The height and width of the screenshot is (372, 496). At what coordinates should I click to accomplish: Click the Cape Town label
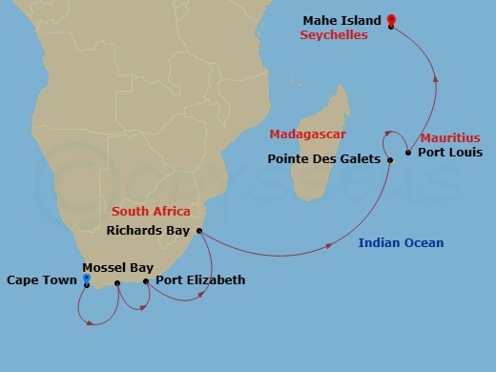pos(41,279)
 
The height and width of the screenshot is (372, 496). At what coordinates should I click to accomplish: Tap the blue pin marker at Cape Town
pos(87,279)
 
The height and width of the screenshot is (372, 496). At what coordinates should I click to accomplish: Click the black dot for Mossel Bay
pos(117,283)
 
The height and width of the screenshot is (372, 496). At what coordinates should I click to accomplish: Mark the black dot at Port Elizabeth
pos(146,281)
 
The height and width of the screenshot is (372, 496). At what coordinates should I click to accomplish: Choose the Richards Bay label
pos(149,230)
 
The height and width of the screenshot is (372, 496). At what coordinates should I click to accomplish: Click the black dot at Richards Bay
pos(199,230)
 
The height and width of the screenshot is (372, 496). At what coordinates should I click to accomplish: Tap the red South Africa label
pos(151,211)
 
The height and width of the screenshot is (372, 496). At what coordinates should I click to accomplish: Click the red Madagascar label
pos(307,134)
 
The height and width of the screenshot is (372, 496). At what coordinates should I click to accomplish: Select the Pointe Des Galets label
pos(324,159)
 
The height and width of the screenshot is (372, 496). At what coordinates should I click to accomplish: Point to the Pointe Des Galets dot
pos(390,160)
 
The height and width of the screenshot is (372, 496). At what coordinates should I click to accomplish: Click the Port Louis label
pos(450,153)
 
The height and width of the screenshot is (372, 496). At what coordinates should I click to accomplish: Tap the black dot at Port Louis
pos(408,153)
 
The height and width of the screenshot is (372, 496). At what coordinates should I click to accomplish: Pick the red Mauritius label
pos(450,137)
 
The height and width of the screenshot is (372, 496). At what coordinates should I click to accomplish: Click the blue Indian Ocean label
pos(401,243)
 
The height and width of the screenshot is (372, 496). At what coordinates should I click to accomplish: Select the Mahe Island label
pos(342,20)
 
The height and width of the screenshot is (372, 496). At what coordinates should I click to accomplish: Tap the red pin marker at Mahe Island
pos(391,19)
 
